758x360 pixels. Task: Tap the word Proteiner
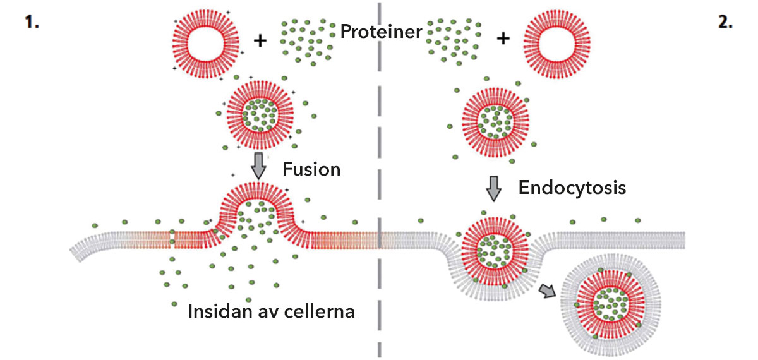pos(381,32)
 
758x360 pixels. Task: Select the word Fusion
pos(311,169)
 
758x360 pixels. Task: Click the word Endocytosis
pos(572,187)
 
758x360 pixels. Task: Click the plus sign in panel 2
pos(503,39)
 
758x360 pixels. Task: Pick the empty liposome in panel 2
pos(550,39)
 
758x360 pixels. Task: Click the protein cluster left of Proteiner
pos(306,38)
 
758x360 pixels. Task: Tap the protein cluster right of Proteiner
pos(454,39)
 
